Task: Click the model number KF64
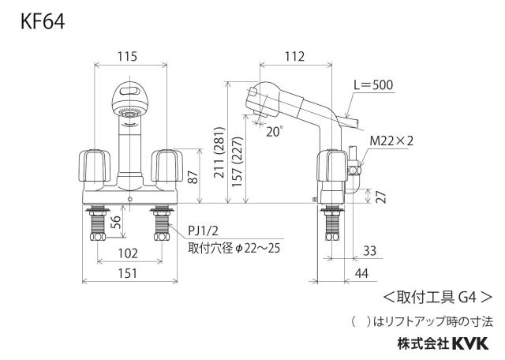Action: pos(43,22)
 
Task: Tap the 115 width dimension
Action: pos(127,56)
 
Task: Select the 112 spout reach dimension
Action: pos(294,56)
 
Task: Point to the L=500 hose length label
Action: pos(373,84)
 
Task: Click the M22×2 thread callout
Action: pos(391,141)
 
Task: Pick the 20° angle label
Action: pos(275,132)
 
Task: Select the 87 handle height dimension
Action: pos(193,176)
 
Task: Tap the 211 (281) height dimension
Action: pos(219,152)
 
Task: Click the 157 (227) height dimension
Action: pos(237,162)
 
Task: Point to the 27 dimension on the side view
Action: pos(380,197)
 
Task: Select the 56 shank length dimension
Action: pos(116,222)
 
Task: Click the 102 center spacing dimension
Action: pos(128,253)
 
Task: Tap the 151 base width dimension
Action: pos(128,274)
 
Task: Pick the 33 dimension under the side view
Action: pos(369,251)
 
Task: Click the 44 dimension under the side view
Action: pos(361,274)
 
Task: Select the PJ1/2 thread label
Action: pos(204,231)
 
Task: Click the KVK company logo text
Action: pos(471,343)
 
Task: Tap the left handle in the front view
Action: pos(95,165)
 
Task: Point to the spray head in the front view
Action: pos(130,99)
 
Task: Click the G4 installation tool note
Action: pos(438,297)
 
